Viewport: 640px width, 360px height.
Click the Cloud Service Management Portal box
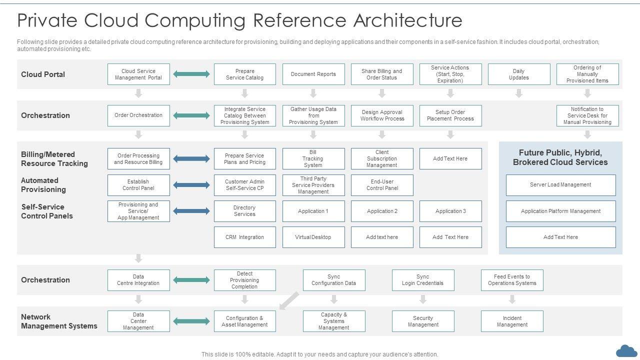(138, 74)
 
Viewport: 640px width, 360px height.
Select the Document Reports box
(313, 74)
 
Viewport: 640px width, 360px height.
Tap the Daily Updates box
(519, 74)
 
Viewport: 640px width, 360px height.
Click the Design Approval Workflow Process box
(382, 115)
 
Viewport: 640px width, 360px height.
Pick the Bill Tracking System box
(313, 158)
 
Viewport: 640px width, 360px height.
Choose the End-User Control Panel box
(382, 185)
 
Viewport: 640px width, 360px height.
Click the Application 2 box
(382, 211)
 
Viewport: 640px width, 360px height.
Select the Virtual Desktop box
(313, 237)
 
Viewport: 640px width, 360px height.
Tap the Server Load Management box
(560, 185)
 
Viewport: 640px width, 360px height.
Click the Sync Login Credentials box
(423, 280)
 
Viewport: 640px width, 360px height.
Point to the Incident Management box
(512, 321)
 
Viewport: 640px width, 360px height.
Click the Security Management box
(423, 321)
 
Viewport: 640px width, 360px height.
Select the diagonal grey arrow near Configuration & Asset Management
(289, 301)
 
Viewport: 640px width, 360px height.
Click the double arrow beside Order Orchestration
(191, 115)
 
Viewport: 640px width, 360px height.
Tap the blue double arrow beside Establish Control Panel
(191, 185)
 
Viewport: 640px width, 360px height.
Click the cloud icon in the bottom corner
(626, 351)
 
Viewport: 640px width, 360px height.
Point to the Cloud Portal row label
(43, 74)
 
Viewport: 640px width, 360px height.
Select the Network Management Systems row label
(59, 321)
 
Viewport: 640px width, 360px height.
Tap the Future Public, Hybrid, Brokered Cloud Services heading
(560, 157)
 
